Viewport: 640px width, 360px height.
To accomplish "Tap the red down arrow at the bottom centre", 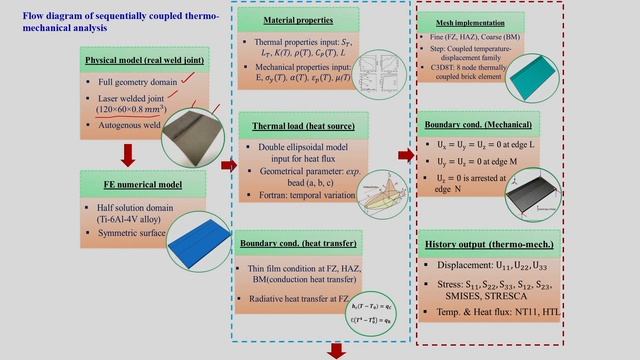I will [333, 350].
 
